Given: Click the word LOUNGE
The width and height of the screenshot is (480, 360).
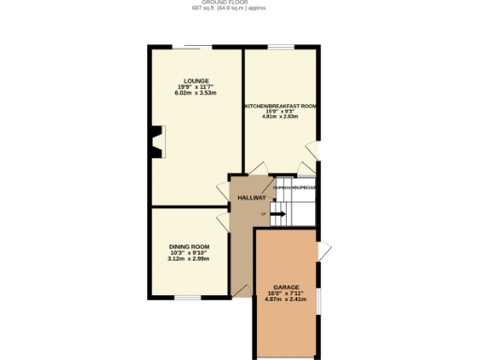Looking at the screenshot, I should (196, 81).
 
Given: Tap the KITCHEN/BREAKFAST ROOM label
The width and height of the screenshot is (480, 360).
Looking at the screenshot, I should (280, 107).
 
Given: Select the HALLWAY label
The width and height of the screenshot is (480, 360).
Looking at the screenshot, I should (251, 198).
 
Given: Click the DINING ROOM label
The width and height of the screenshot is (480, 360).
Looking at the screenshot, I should (188, 247).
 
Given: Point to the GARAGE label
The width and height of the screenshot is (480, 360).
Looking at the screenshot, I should (286, 287).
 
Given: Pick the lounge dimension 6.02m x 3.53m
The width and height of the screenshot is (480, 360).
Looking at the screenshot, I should (196, 94).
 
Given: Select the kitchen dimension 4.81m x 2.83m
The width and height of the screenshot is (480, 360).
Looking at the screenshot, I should (280, 119).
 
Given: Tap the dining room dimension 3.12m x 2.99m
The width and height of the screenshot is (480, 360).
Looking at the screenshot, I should (188, 258).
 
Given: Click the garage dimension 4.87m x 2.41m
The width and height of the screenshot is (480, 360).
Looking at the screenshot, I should (286, 299).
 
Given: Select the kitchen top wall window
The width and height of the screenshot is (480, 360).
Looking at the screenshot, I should (280, 47).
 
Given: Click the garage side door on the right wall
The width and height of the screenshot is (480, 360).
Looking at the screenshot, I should (322, 250).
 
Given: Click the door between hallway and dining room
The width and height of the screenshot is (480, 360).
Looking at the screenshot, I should (223, 221).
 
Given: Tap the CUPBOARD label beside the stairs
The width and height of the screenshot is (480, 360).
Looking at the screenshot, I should (294, 187).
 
